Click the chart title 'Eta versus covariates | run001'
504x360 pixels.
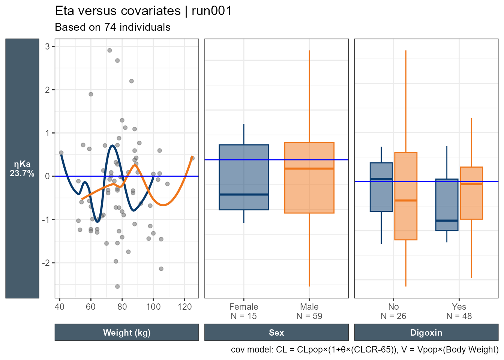click(x=143, y=11)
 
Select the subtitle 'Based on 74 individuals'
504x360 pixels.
click(x=112, y=27)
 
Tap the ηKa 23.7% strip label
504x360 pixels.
click(x=22, y=169)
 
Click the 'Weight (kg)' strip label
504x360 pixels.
click(x=127, y=333)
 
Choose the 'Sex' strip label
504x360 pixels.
click(x=276, y=333)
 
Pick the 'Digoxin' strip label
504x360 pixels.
click(x=426, y=333)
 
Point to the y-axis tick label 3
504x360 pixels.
click(x=48, y=46)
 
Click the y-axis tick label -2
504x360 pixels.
click(x=45, y=263)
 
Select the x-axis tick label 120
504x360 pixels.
click(x=184, y=307)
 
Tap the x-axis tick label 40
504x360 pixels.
click(x=59, y=307)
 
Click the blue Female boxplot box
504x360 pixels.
click(x=244, y=177)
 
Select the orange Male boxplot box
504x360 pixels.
click(x=309, y=177)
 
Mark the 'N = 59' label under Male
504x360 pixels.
click(x=309, y=316)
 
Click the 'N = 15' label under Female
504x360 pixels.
click(x=244, y=316)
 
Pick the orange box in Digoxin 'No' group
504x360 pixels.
click(x=406, y=196)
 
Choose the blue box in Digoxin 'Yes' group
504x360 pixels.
click(x=447, y=204)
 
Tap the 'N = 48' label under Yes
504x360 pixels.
click(x=459, y=316)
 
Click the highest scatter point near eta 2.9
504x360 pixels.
click(x=109, y=50)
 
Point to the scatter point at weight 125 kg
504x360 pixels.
click(x=192, y=158)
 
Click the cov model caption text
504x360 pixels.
click(x=364, y=349)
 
